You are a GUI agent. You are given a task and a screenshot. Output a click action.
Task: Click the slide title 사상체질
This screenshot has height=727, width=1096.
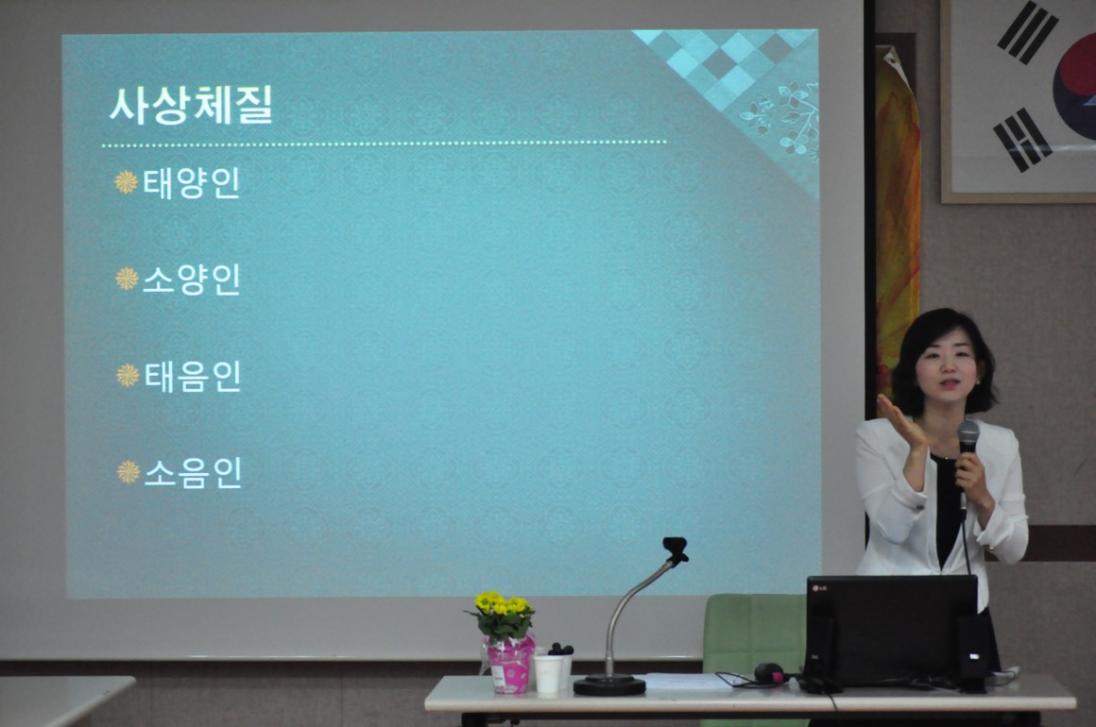pos(190,106)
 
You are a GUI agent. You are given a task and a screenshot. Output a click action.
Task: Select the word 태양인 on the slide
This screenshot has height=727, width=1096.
pos(192,184)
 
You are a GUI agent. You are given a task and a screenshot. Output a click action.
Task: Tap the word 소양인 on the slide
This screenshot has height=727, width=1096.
pos(192,280)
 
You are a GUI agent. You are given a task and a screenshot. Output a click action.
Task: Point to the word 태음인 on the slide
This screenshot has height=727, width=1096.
pos(193,377)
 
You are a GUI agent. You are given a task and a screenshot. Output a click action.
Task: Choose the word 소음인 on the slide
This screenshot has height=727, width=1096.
pos(193,473)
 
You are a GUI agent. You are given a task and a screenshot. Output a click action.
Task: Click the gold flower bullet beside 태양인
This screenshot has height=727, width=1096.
pos(126,182)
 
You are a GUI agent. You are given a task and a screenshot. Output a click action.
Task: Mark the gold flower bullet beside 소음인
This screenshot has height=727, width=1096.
pos(128,472)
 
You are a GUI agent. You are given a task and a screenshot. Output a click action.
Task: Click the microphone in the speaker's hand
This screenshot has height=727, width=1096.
pos(968,447)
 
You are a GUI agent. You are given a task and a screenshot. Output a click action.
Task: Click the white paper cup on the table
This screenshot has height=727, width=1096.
pos(548,674)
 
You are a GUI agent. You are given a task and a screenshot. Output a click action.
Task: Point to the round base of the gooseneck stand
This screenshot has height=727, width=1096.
pos(609,685)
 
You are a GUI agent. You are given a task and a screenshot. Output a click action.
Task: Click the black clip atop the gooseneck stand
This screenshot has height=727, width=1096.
pos(676,549)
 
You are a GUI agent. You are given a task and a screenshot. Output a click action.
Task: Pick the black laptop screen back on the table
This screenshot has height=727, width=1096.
pos(892,629)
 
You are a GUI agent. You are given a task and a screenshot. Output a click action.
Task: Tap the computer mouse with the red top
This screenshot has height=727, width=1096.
pos(770,673)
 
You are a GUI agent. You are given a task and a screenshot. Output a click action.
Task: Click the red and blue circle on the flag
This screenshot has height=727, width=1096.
pos(1076,87)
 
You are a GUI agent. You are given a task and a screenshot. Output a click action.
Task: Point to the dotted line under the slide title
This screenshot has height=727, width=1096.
pos(384,144)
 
